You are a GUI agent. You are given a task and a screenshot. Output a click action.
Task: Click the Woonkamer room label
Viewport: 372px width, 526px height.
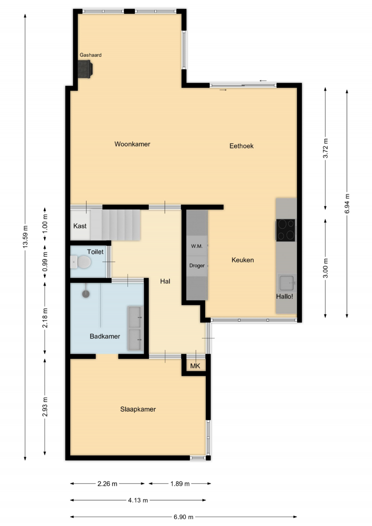(132, 144)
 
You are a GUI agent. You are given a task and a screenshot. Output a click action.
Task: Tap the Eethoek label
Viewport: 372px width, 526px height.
(241, 146)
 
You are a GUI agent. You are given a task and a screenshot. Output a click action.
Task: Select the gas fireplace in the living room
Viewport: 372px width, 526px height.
(85, 69)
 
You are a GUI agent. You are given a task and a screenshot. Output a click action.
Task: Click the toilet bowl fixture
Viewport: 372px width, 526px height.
(81, 262)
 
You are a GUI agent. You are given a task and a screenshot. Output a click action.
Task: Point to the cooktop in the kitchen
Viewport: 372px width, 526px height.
(286, 230)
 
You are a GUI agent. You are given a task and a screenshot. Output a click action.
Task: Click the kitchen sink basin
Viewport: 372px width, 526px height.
(287, 283)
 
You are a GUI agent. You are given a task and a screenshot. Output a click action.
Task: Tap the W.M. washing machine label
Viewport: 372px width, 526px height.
(196, 246)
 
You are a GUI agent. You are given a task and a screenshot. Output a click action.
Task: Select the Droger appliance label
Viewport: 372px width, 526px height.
(197, 265)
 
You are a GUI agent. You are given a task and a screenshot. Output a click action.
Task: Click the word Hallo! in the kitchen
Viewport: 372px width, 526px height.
(284, 296)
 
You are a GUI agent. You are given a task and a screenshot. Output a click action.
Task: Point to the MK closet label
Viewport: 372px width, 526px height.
(195, 366)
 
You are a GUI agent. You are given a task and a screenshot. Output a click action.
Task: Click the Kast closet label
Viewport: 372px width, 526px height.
(80, 226)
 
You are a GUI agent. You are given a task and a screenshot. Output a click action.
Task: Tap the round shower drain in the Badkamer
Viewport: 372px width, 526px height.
(86, 293)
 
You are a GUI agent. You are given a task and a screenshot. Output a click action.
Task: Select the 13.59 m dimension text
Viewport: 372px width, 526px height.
(25, 237)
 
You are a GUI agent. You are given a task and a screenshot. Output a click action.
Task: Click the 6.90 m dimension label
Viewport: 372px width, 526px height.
(183, 517)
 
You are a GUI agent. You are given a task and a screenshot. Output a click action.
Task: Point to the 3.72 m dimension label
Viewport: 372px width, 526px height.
(325, 148)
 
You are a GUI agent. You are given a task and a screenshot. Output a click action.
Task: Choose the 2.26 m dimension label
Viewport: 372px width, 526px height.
(107, 484)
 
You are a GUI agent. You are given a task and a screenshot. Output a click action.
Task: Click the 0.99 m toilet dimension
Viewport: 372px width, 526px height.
(45, 262)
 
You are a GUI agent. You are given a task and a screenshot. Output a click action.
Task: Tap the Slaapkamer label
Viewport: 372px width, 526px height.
(138, 409)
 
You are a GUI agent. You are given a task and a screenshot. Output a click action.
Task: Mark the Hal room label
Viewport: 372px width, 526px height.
(165, 281)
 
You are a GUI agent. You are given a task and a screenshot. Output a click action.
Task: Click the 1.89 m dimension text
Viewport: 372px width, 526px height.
(180, 484)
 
